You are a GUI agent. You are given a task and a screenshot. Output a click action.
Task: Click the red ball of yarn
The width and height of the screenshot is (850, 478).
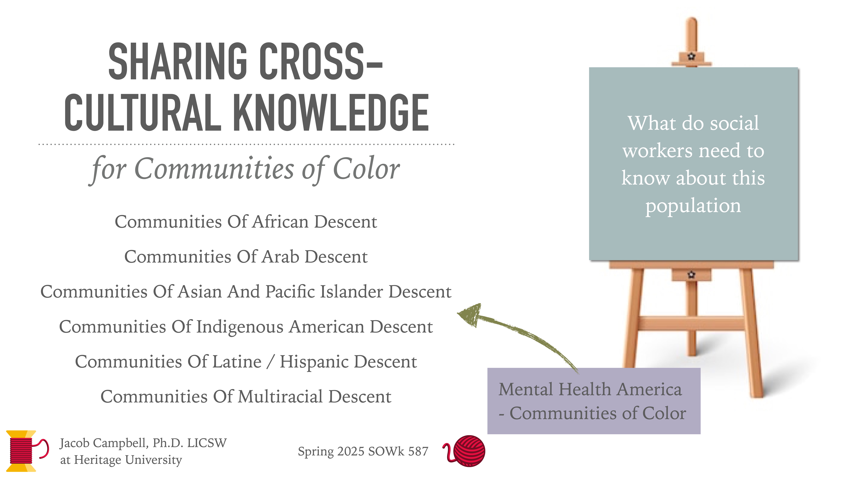(469, 451)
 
